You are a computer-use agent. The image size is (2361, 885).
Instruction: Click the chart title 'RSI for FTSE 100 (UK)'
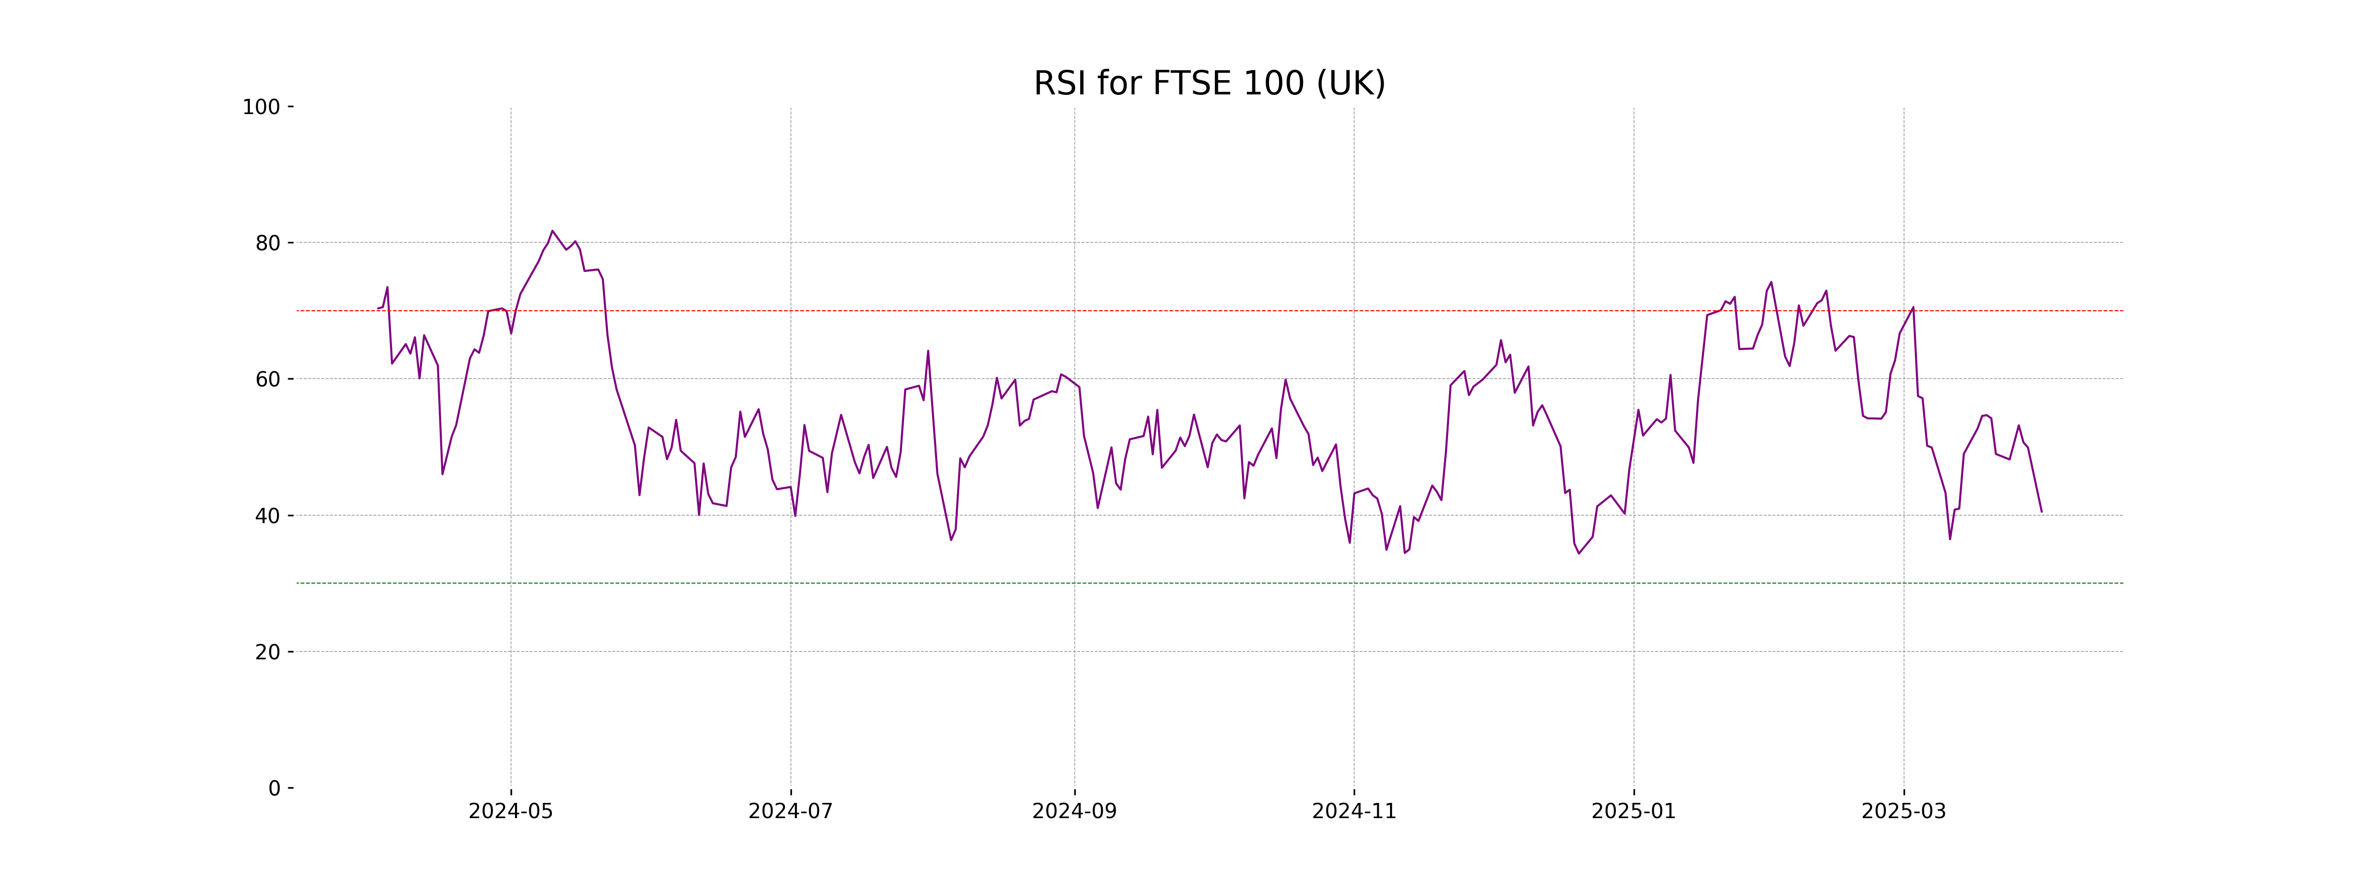pyautogui.click(x=1209, y=84)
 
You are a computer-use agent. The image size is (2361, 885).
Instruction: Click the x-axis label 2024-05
pyautogui.click(x=511, y=812)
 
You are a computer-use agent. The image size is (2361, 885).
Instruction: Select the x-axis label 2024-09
pyautogui.click(x=1074, y=812)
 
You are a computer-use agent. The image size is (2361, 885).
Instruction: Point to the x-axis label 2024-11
pyautogui.click(x=1354, y=812)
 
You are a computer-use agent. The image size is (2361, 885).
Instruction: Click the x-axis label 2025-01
pyautogui.click(x=1633, y=812)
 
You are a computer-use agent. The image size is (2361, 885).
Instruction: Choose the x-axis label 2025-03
pyautogui.click(x=1904, y=812)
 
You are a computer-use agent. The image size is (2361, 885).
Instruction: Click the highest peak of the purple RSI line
pyautogui.click(x=552, y=231)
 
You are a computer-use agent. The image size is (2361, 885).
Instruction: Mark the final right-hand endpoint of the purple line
pyautogui.click(x=2041, y=511)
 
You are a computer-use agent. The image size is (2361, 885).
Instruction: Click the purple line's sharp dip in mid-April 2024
pyautogui.click(x=442, y=473)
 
